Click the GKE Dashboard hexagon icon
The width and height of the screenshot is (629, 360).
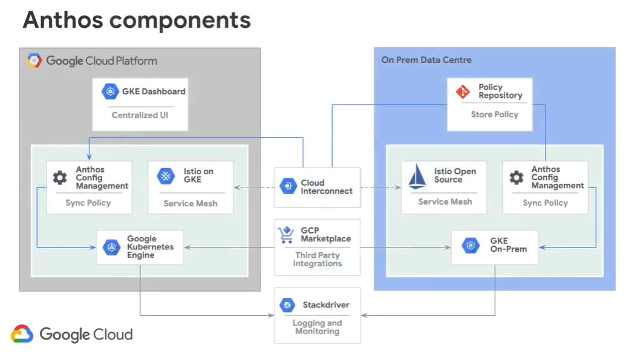pyautogui.click(x=110, y=91)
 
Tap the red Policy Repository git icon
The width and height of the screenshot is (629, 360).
pyautogui.click(x=463, y=91)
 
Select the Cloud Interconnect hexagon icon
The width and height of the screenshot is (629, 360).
pyautogui.click(x=288, y=186)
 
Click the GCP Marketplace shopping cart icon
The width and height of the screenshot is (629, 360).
pyautogui.click(x=286, y=235)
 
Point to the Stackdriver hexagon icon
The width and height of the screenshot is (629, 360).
pyautogui.click(x=287, y=305)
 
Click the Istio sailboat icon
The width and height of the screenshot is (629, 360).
pyautogui.click(x=417, y=177)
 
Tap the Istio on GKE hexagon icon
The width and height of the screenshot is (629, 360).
pyautogui.click(x=166, y=176)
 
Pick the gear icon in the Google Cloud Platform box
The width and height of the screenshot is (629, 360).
pyautogui.click(x=60, y=177)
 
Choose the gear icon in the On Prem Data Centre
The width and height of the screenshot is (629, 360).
pyautogui.click(x=517, y=177)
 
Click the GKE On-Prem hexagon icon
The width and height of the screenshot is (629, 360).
pyautogui.click(x=471, y=245)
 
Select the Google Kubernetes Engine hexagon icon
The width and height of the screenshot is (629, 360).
pyautogui.click(x=111, y=247)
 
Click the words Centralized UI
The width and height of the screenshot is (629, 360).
pyautogui.click(x=140, y=115)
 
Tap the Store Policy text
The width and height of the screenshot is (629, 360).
pyautogui.click(x=495, y=115)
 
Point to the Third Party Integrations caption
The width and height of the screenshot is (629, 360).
pyautogui.click(x=318, y=260)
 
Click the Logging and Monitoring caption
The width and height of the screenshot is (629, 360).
pyautogui.click(x=318, y=327)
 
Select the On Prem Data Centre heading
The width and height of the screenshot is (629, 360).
pyautogui.click(x=426, y=60)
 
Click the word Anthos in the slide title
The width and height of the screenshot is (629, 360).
pyautogui.click(x=63, y=20)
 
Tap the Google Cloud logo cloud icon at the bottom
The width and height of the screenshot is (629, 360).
pyautogui.click(x=22, y=334)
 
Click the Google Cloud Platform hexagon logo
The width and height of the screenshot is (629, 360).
pyautogui.click(x=34, y=61)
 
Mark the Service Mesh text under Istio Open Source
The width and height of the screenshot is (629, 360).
pyautogui.click(x=445, y=201)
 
